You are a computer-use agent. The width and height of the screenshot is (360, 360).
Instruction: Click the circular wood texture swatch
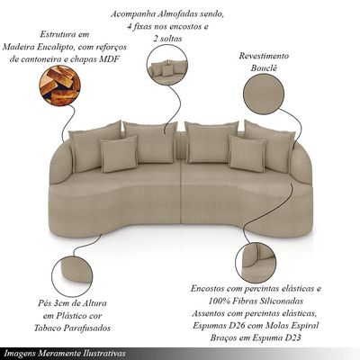59,85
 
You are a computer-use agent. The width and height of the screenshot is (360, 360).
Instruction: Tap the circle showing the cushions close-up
167,66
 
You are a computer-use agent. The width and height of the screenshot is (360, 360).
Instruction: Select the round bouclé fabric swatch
264,94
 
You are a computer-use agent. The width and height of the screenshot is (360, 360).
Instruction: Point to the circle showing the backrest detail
256,263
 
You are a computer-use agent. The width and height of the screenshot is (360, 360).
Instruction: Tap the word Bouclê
264,68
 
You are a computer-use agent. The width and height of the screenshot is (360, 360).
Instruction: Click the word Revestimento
264,56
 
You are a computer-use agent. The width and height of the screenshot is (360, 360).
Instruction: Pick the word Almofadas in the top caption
171,14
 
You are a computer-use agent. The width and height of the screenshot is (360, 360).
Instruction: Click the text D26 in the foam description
238,326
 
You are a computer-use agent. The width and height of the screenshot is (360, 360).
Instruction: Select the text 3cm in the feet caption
58,303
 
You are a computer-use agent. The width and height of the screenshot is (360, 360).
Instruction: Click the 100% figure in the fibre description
217,301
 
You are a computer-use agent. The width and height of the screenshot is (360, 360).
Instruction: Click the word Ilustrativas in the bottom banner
105,353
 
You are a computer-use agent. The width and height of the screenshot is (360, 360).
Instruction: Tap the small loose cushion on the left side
119,154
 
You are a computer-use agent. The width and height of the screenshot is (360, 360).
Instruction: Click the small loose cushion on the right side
247,153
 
